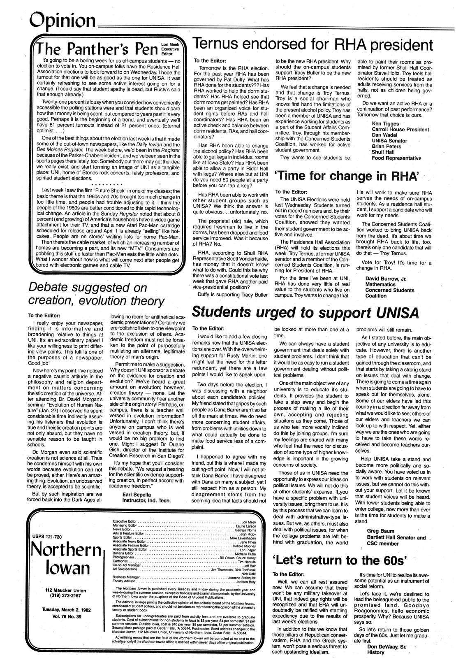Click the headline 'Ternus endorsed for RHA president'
(x=312, y=44)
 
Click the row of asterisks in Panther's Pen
(x=106, y=184)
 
